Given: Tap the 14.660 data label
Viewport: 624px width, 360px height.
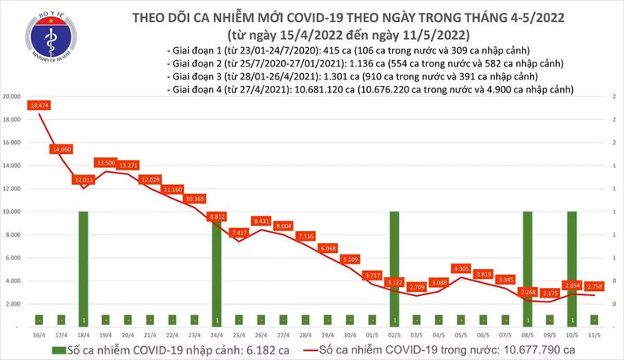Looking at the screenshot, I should coord(62,149).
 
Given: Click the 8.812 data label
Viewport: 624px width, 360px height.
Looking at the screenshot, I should coord(216,216).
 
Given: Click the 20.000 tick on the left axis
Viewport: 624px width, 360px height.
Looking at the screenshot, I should coord(11,96).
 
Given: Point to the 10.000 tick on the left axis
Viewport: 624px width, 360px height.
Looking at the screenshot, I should coord(11,212).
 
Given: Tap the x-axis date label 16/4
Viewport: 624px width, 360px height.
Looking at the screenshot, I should coord(39,334).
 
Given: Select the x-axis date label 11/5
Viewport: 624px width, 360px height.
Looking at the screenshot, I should coord(594,334).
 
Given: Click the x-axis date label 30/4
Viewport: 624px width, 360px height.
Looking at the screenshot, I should coord(349,334).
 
